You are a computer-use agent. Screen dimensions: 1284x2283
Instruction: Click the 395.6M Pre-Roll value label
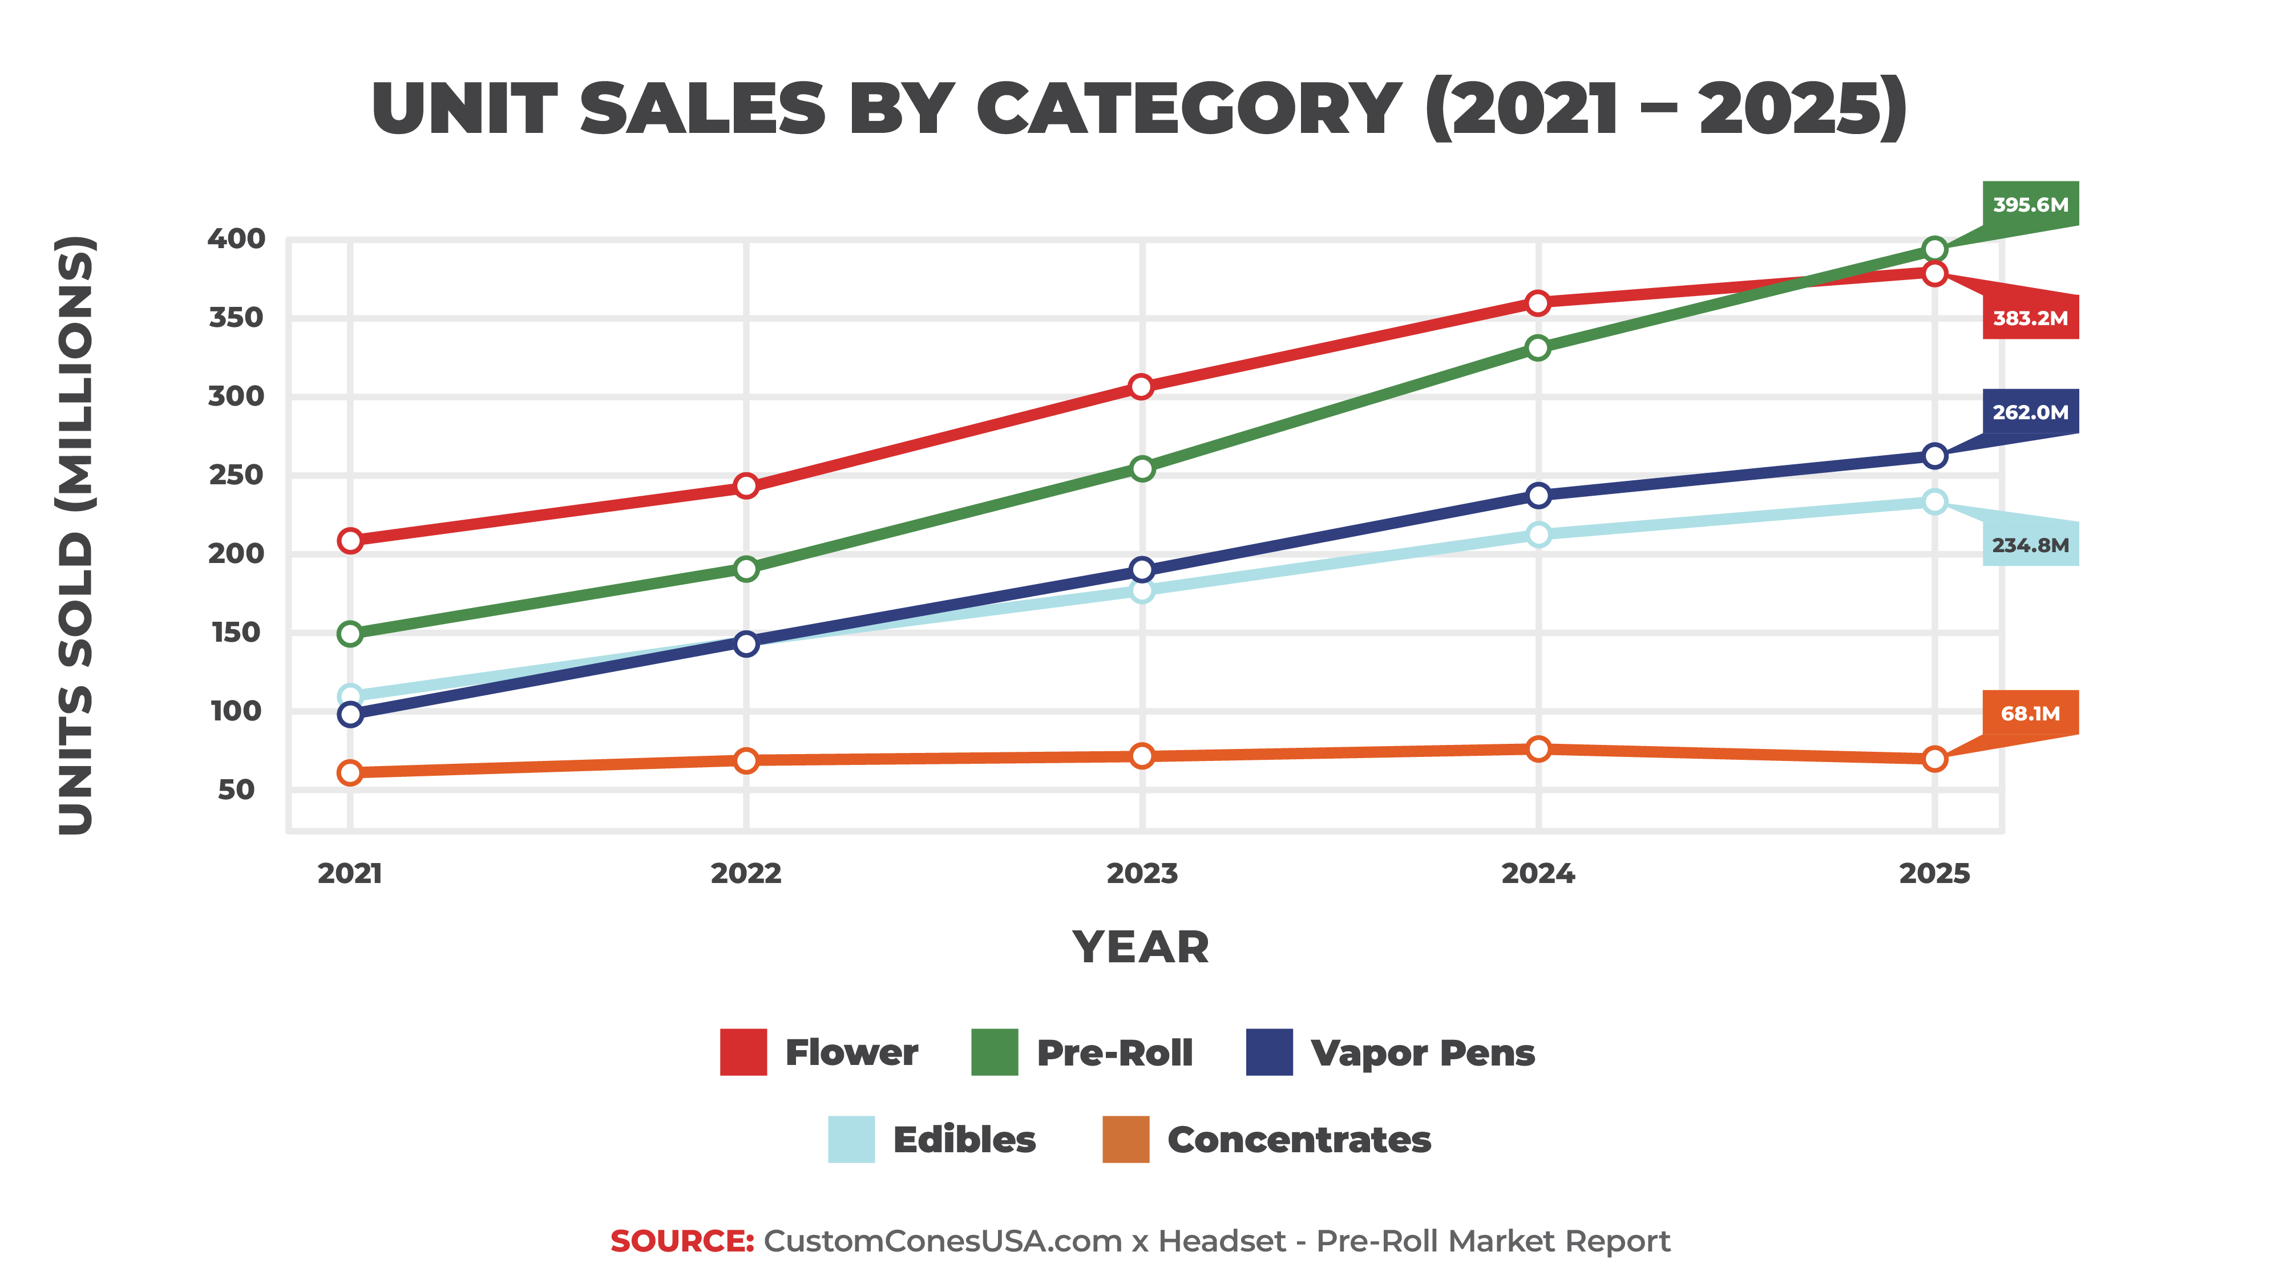2030,205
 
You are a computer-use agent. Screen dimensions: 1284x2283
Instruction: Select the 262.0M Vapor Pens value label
2030,412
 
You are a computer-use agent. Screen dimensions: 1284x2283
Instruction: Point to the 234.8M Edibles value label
2030,545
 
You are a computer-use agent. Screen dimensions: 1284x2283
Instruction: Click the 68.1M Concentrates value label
2030,714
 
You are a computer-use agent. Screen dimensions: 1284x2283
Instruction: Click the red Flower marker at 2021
350,541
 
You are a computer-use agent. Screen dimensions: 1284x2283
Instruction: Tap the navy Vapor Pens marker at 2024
1538,495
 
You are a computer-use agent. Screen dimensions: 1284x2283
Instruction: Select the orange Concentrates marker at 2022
746,760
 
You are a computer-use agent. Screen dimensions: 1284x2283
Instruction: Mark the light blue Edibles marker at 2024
1538,534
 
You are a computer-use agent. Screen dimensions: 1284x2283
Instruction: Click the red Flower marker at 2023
1141,386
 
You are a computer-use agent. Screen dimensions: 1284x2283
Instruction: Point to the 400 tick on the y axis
236,238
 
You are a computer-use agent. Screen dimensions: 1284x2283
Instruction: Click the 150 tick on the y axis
236,633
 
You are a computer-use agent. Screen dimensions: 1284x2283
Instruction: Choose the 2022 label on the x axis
746,874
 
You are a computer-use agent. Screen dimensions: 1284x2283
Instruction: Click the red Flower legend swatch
743,1052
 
